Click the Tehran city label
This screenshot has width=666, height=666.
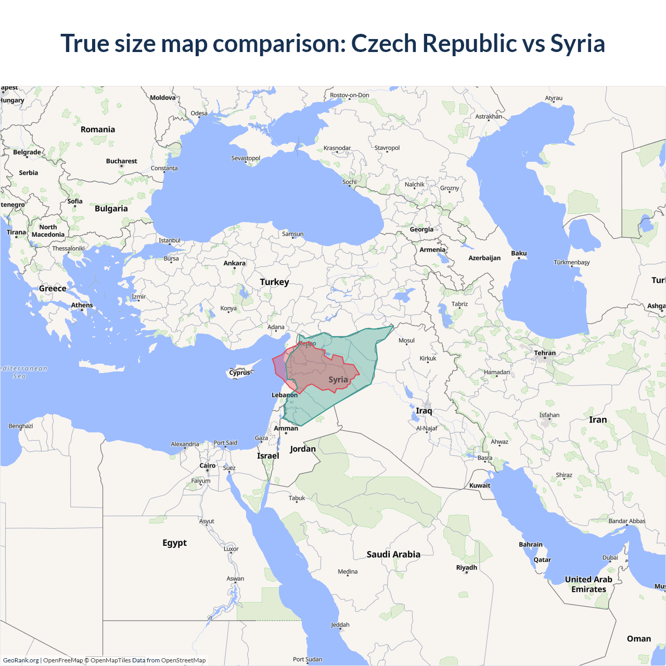point(545,353)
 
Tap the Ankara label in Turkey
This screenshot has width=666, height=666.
point(234,263)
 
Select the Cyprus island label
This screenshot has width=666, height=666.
point(239,373)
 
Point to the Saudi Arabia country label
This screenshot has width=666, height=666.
point(393,554)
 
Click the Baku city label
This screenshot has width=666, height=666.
point(519,253)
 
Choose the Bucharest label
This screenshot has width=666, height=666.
point(122,161)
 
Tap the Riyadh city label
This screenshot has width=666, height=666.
point(467,568)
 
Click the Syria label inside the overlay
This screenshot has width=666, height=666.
point(338,380)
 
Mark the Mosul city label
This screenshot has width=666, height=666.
point(406,341)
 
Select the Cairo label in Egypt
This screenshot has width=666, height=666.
point(208,466)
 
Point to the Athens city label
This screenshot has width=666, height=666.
point(82,305)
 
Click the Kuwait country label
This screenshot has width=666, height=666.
point(480,485)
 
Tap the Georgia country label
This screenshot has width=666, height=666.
point(421,229)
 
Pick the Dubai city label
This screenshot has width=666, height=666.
point(610,558)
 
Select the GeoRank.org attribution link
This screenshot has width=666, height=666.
point(21,660)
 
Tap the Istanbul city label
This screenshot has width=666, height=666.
point(170,240)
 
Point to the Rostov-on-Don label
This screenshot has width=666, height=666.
point(350,95)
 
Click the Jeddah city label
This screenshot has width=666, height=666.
point(340,625)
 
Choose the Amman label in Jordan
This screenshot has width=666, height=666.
point(286,428)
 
